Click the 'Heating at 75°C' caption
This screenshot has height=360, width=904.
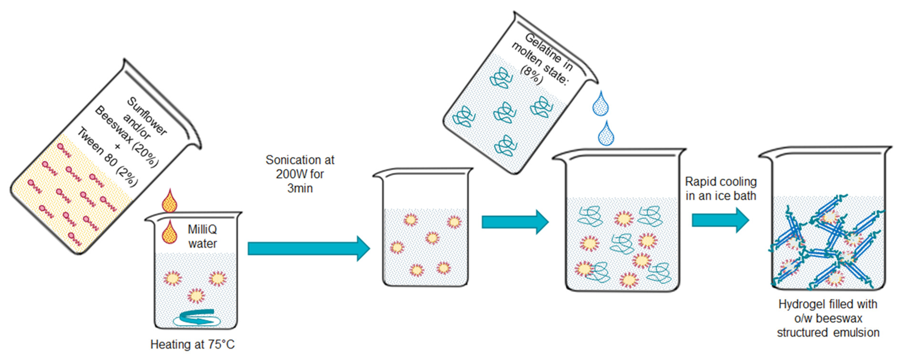[x=192, y=344]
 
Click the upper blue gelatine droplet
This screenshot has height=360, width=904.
[x=600, y=104]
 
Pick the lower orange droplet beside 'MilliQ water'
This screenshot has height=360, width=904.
[x=170, y=233]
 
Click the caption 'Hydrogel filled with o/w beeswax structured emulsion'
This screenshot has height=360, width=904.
[x=827, y=318]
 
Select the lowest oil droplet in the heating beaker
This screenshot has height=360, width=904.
[x=196, y=295]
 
